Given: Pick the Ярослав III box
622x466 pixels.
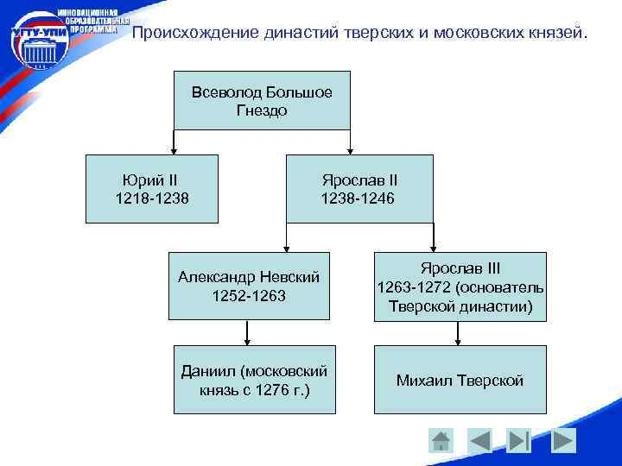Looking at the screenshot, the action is tap(460, 286).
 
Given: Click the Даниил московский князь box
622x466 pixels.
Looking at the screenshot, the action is tap(253, 380).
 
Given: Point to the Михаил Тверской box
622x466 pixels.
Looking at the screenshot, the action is tap(460, 380).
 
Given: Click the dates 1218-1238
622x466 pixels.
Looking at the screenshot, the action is tap(151, 199).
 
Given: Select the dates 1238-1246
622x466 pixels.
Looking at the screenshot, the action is tap(359, 199).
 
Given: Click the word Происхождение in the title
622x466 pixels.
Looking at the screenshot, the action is tap(195, 34).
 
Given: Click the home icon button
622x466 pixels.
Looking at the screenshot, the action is tap(441, 440).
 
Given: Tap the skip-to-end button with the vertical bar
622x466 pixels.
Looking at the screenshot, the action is tap(518, 440).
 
